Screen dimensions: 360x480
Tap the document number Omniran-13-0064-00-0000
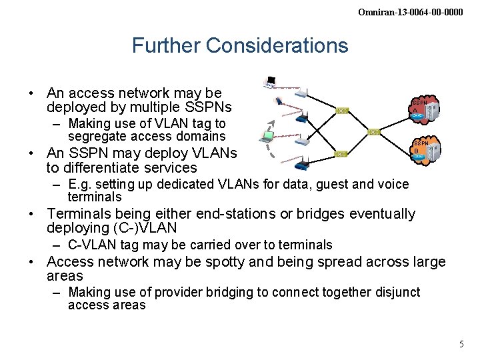pos(410,12)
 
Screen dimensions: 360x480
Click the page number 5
pos(461,344)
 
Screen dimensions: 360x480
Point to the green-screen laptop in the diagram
pos(267,137)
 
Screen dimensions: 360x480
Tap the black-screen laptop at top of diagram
pos(270,83)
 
